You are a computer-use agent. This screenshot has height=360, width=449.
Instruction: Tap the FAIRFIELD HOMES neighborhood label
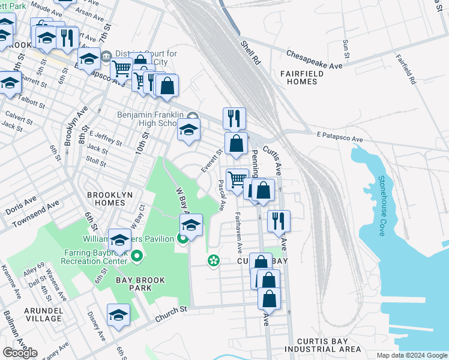[x=302, y=78]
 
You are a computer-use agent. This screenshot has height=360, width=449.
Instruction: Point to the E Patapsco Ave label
[x=340, y=139]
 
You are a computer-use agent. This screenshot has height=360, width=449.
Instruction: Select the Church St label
[x=170, y=310]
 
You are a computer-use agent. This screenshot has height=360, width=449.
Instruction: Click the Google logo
[x=20, y=352]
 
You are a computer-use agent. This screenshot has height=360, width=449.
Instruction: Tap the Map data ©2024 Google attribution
[x=411, y=355]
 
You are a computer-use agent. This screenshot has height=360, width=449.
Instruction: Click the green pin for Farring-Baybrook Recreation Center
[x=137, y=257]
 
